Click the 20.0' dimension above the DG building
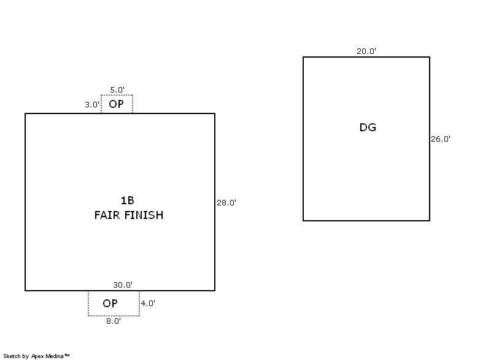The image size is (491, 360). coord(366,52)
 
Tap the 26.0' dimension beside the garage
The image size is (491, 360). coord(441,139)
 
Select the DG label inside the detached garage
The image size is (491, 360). coord(368,128)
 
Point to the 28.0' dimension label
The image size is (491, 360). coord(226,202)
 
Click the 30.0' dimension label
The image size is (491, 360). coord(123,285)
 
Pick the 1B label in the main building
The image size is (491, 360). coord(127,201)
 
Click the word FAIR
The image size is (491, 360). coord(107,215)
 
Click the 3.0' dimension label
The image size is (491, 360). coord(92,105)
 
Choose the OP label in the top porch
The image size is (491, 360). coord(116,104)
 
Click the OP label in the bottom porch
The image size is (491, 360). coord(110,304)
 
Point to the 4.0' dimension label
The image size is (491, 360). coord(148,303)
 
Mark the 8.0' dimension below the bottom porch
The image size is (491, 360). coord(113,321)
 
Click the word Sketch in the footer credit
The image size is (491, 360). coord(12,356)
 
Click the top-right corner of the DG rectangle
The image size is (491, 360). coord(430,57)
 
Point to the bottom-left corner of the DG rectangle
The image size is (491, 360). coord(303,220)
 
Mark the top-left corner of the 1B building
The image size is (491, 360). coord(25,113)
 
